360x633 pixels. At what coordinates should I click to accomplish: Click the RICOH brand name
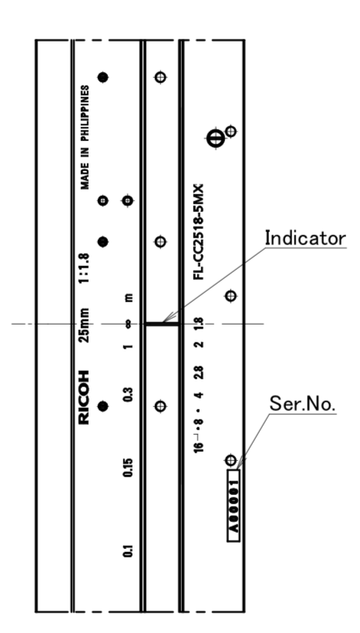(x=84, y=397)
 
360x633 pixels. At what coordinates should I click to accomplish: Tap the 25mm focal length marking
(x=84, y=325)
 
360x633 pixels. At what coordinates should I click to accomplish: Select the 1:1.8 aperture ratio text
(x=84, y=268)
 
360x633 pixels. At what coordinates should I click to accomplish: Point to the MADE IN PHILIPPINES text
(x=85, y=137)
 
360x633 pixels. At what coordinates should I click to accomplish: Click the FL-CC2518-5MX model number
(x=199, y=232)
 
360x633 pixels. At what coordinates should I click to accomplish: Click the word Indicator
(x=305, y=237)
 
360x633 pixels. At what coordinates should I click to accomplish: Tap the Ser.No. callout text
(x=302, y=403)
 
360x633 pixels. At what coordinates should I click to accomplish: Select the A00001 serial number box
(x=234, y=506)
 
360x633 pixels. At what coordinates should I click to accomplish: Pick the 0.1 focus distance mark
(x=127, y=551)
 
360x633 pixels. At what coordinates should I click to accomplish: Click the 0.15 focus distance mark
(x=127, y=467)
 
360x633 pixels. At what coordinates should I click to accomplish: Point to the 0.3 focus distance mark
(x=127, y=395)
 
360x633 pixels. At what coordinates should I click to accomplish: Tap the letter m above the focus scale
(x=128, y=298)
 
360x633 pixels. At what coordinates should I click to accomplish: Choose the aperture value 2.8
(x=199, y=372)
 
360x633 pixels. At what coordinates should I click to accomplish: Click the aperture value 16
(x=199, y=447)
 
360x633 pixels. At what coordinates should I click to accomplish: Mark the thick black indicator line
(x=162, y=324)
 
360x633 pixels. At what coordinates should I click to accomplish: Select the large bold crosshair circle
(x=216, y=139)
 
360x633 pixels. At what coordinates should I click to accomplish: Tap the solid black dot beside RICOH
(x=103, y=406)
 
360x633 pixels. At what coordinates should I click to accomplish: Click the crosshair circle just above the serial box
(x=230, y=460)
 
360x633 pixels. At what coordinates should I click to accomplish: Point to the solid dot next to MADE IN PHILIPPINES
(x=103, y=77)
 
